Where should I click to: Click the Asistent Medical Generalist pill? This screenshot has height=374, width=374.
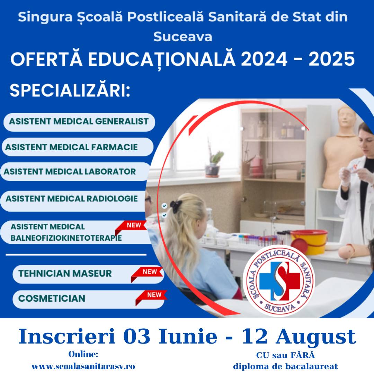coord(79,122)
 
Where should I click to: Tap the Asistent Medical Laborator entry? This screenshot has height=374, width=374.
coord(75,172)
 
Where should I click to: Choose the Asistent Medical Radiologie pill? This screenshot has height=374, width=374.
coord(74,201)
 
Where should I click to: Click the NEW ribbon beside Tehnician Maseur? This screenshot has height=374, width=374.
coord(146,274)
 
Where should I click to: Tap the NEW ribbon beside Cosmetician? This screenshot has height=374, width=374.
coord(151,297)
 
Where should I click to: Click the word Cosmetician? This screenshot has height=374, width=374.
coord(52,299)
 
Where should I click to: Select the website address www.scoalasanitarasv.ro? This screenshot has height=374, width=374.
coord(83,366)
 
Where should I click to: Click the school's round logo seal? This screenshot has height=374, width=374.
coord(279,281)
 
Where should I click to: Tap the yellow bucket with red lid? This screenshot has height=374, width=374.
coord(309,242)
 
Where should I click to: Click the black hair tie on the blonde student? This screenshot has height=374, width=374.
coord(176,206)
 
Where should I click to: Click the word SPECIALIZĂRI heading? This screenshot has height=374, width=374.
coord(70,90)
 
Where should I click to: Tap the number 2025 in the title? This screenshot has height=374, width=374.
coord(332,59)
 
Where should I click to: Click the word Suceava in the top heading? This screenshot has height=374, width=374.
coord(183,37)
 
